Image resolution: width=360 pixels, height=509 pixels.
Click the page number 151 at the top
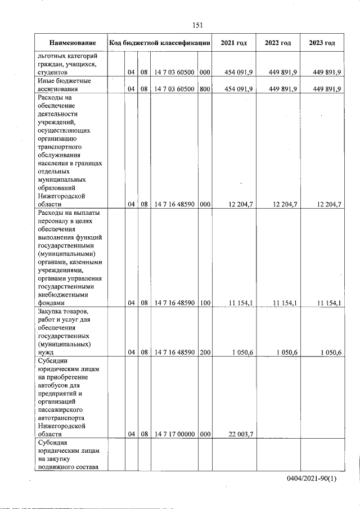[197, 25]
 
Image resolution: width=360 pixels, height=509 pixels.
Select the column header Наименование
[72, 43]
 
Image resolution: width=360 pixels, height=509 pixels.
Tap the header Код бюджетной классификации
[160, 43]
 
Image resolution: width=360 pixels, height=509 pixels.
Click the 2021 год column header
[233, 43]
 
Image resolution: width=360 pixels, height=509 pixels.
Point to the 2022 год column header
[278, 43]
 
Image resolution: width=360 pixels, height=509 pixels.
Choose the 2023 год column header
[322, 43]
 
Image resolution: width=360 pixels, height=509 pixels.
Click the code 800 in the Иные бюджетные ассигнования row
[205, 89]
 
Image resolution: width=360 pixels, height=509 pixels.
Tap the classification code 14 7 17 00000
[174, 434]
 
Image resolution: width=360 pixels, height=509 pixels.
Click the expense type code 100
[205, 303]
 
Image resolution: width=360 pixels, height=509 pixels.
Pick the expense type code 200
[205, 352]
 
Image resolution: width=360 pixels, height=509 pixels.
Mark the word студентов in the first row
[53, 73]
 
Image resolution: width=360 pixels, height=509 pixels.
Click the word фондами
[51, 303]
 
